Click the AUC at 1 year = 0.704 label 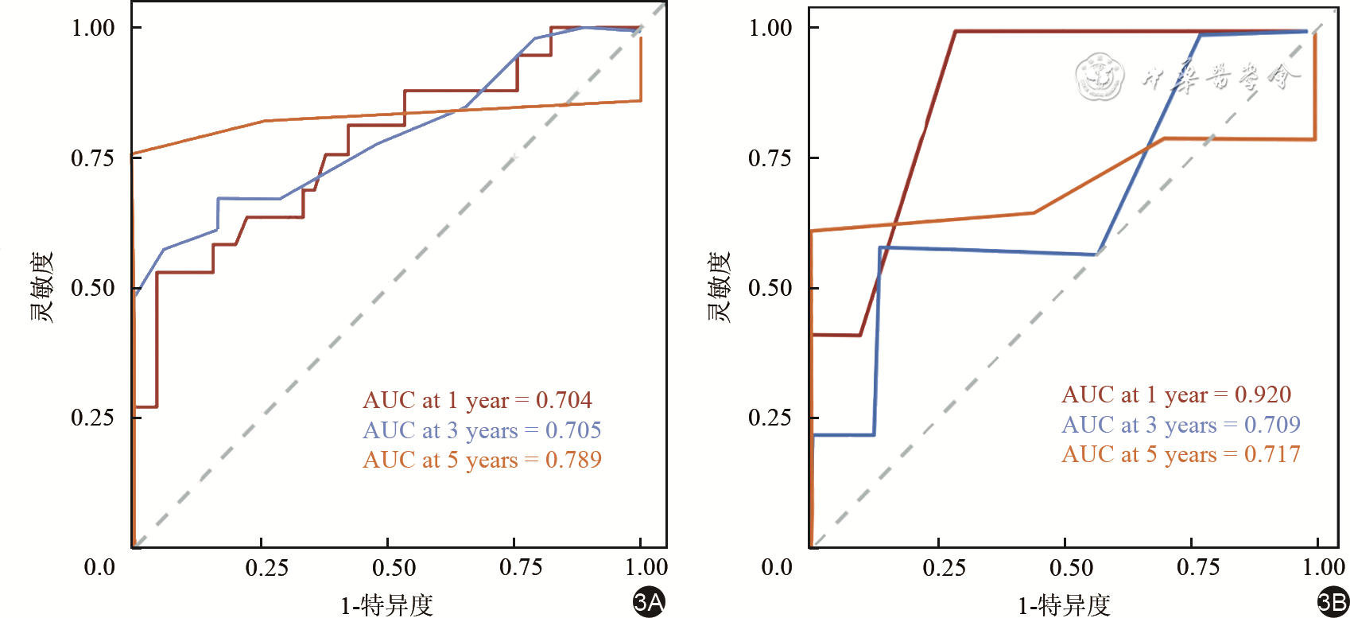(477, 400)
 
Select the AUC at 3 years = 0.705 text (482, 430)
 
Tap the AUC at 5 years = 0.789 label (482, 460)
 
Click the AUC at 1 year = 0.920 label (1176, 395)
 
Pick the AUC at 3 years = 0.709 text (1181, 425)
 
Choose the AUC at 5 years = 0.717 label (1181, 454)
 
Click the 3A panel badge (649, 602)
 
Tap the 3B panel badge (1333, 602)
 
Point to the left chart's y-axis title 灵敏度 (41, 287)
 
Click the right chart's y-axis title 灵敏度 (719, 287)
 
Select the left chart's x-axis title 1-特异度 (386, 605)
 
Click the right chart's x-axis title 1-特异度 (1064, 605)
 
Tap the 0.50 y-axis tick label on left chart (93, 288)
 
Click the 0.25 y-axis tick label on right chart (770, 418)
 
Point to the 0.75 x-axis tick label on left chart (521, 567)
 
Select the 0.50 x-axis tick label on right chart (1071, 567)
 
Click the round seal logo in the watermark (1100, 77)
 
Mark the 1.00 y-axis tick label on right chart (770, 28)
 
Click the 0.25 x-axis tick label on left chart (267, 567)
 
